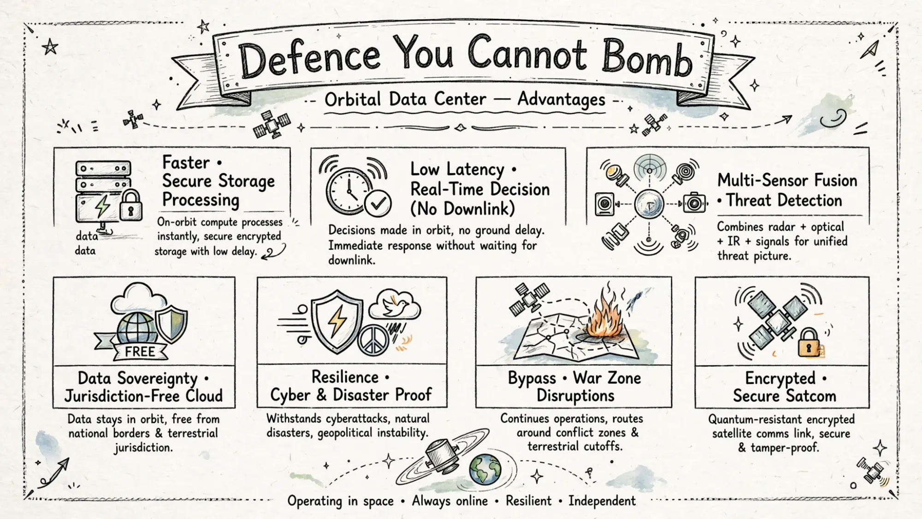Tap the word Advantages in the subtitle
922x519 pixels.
tap(561, 100)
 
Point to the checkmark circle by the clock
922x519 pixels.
tap(378, 203)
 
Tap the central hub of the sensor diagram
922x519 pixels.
tap(649, 204)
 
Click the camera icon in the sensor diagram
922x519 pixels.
tap(694, 203)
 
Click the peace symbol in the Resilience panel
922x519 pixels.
tap(373, 340)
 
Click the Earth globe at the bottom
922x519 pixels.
tap(485, 469)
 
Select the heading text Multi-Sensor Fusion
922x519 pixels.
tap(787, 180)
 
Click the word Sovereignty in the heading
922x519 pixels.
tap(157, 379)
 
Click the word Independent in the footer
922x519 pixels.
tap(602, 501)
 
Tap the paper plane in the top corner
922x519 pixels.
tap(869, 49)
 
